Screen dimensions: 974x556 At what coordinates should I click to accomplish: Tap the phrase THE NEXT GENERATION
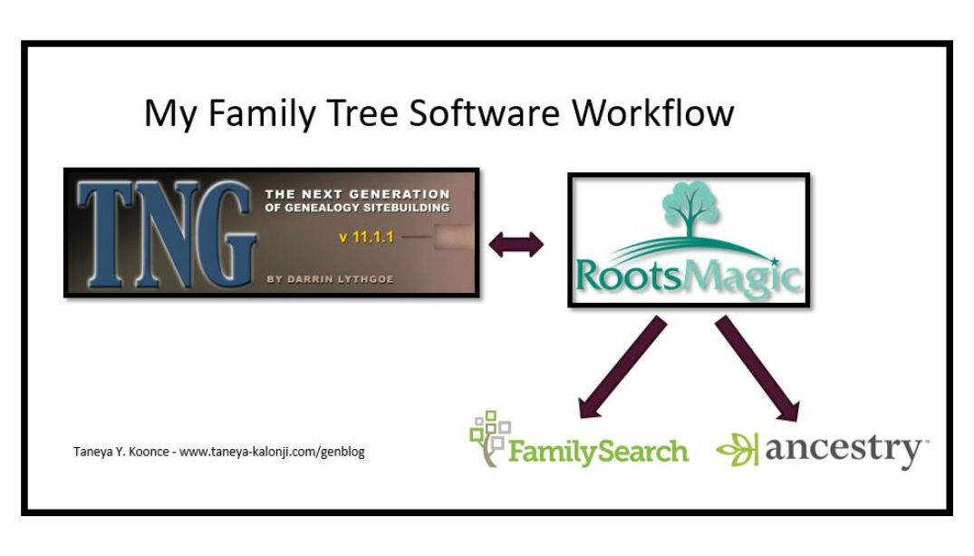tap(356, 193)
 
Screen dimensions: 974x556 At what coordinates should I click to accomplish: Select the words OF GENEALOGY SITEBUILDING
tap(356, 206)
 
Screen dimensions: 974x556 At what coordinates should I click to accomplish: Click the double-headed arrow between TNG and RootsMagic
tap(516, 243)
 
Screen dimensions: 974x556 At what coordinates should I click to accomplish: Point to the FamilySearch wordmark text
tap(598, 450)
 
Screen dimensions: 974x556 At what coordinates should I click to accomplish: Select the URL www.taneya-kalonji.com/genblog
tap(272, 451)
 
